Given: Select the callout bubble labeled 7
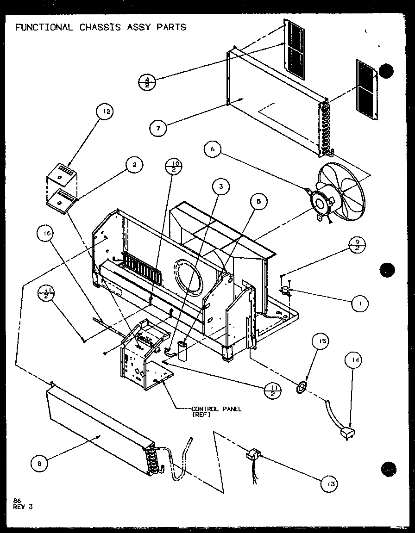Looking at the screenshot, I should pos(159,128).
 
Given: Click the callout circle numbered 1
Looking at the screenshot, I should pos(360,304).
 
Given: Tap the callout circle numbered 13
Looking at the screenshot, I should pos(329,484).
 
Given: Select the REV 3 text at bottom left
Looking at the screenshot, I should pos(24,507).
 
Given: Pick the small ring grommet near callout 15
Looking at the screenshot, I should pos(302,386).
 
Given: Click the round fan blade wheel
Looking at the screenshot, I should pos(342,192).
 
